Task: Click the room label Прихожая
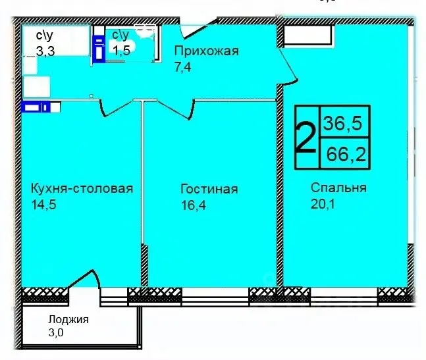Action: (205, 51)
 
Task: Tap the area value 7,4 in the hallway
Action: (182, 66)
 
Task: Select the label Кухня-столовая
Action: (82, 189)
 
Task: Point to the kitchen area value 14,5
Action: (43, 205)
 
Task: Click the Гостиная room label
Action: (209, 190)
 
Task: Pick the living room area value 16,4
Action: (192, 205)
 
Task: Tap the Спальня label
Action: (338, 188)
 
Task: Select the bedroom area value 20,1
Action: (323, 204)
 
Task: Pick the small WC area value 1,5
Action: (120, 49)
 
